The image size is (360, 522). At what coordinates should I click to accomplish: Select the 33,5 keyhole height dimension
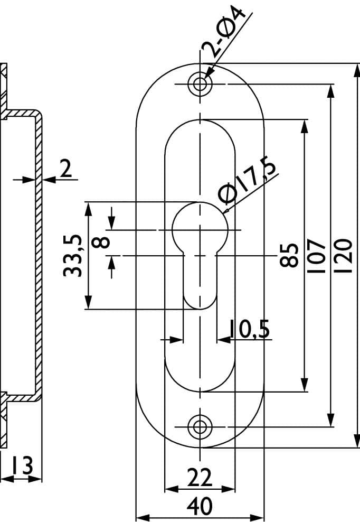72,256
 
